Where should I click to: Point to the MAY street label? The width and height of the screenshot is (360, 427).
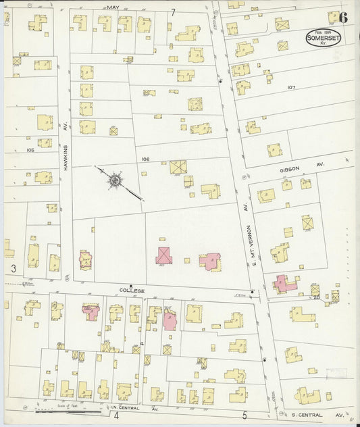(112, 7)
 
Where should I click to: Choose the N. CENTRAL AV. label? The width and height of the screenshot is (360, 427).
(136, 409)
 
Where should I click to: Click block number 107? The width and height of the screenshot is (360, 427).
(291, 88)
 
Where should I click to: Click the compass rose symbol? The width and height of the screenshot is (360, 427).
(116, 180)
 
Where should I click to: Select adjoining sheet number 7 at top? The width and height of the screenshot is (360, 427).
(173, 12)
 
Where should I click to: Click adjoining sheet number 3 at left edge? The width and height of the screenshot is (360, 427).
(13, 269)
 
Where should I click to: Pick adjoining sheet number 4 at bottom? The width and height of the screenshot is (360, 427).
(116, 416)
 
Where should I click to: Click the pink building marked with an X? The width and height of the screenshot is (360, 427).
(163, 255)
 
